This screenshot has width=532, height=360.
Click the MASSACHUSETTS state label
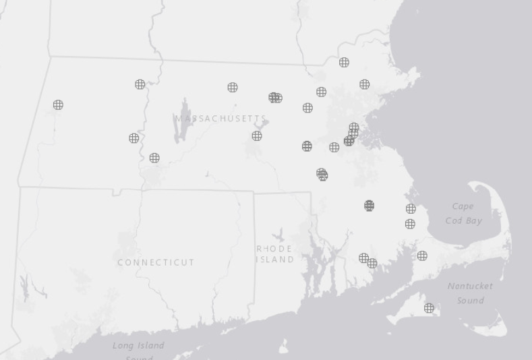click(x=221, y=119)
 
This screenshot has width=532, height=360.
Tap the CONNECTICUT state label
click(x=156, y=262)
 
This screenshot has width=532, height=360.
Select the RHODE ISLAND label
click(x=275, y=253)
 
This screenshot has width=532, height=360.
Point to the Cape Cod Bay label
click(x=463, y=213)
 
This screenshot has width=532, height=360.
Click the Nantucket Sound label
click(x=470, y=293)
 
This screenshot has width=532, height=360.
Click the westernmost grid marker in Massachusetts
click(x=58, y=104)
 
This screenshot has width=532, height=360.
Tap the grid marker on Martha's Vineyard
click(x=429, y=308)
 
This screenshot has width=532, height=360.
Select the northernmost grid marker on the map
click(x=344, y=62)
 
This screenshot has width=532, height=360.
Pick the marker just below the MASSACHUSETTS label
click(x=257, y=136)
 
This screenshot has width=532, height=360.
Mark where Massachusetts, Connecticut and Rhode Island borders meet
click(x=254, y=192)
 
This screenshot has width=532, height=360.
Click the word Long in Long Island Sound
click(x=123, y=346)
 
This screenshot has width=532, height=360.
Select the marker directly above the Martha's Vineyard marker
click(x=422, y=256)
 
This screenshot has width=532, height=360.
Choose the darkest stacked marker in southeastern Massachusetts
click(x=369, y=206)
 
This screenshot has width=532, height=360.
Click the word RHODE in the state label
click(x=275, y=249)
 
